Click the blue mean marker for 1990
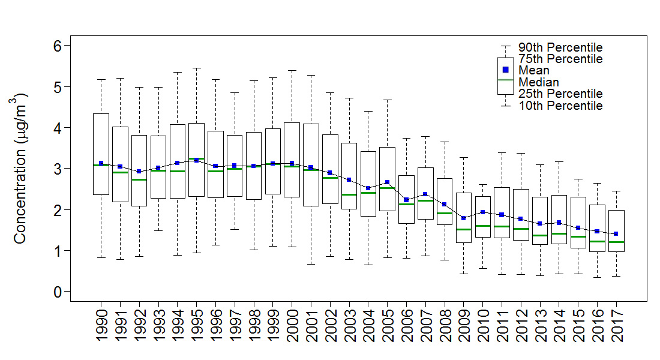pos(101,163)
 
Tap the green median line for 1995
pos(196,159)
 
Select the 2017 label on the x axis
pos(616,326)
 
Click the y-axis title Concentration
pos(20,168)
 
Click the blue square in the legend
pos(505,70)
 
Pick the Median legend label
pos(539,82)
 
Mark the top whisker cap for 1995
pos(196,68)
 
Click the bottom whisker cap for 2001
pos(311,264)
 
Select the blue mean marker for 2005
pos(387,182)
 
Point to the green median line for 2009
pos(463,229)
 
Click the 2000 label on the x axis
pos(292,326)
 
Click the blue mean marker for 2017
pos(616,233)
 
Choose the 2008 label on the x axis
pos(444,326)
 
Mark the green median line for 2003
pos(349,194)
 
